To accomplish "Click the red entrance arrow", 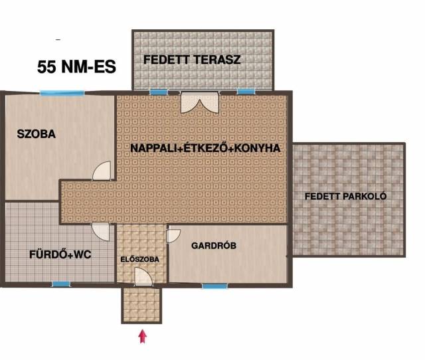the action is tap(143, 336).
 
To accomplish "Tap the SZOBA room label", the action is tap(37, 134).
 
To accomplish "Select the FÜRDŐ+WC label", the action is tap(60, 254).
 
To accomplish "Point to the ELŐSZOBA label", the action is tap(140, 260).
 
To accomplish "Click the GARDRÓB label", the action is tap(214, 246).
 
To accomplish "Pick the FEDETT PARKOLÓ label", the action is tap(345, 196).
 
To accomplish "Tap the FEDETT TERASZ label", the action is tap(192, 60).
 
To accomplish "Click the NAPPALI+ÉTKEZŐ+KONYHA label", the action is tap(205, 148).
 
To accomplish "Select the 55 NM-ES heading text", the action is tap(77, 66).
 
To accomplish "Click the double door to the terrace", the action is tap(200, 102).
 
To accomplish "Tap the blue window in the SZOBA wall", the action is tap(62, 93).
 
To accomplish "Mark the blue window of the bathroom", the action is tap(61, 284).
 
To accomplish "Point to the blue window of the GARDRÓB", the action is tap(215, 286).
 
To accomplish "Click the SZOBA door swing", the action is tap(102, 171).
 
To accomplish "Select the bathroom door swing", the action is tap(100, 232).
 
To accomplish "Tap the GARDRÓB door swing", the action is tap(173, 236).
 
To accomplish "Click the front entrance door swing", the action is tap(143, 276).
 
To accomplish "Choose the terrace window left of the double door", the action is tap(159, 92).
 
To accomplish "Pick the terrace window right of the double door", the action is tap(246, 92).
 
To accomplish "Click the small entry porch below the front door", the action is tap(141, 305).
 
